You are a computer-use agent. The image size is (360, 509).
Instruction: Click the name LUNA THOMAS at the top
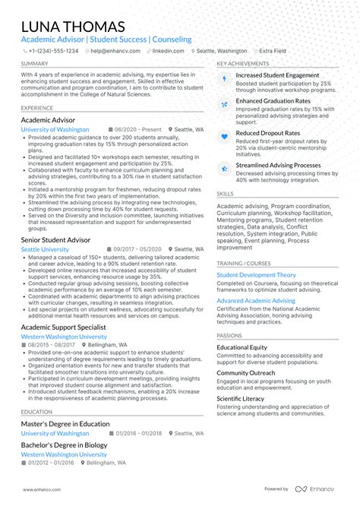pos(72,26)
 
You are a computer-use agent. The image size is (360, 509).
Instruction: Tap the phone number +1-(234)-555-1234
pos(53,51)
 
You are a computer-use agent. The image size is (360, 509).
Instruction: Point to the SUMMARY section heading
pos(35,64)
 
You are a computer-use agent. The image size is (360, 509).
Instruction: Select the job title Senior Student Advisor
pos(55,239)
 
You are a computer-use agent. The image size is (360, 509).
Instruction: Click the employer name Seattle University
pos(45,249)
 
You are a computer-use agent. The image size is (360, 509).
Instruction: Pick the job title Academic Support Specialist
pos(64,327)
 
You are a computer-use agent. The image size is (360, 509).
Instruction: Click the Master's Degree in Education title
pos(65,424)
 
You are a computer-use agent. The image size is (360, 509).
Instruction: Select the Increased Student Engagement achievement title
pos(277,75)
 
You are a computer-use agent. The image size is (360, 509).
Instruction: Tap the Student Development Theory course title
pos(256,275)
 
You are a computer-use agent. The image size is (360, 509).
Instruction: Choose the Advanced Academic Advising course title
pos(256,301)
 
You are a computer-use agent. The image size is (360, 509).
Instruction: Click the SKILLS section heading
pos(225,194)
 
